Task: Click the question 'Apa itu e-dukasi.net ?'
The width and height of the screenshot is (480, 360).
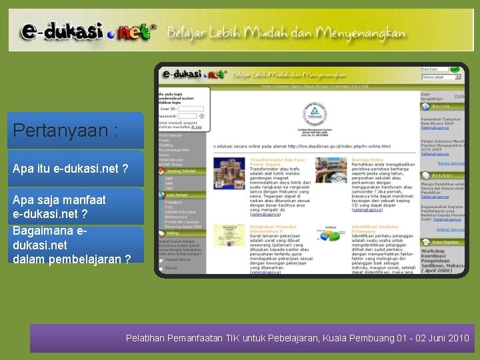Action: pos(70,169)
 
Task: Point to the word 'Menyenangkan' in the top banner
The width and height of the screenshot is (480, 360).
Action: pos(360,32)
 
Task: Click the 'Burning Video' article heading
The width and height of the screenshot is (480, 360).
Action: pos(368,161)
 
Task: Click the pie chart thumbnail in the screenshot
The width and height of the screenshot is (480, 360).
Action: pos(331,233)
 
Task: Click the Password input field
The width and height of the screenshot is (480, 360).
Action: pos(188,115)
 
